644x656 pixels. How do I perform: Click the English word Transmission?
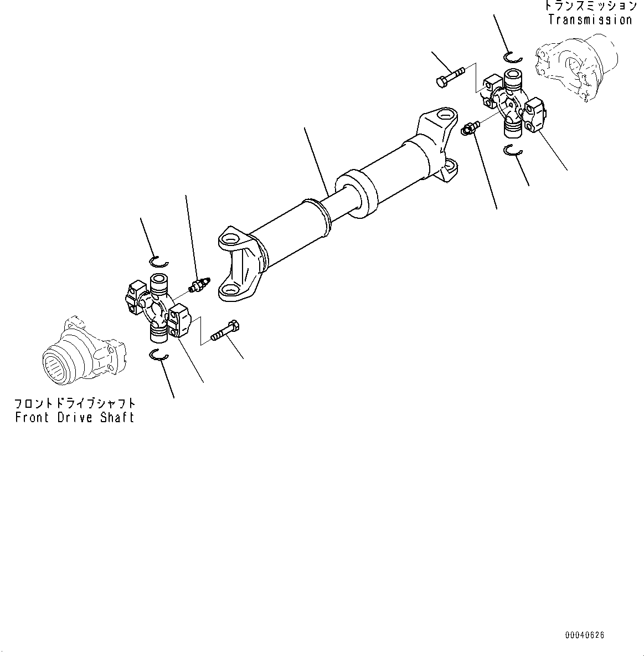590,20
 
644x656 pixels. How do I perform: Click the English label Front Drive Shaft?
75,417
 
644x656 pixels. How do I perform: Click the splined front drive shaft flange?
83,355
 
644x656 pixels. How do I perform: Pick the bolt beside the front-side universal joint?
225,331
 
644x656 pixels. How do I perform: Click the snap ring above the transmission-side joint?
513,56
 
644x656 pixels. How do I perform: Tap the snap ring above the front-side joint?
159,260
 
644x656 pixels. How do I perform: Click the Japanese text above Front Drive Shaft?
75,403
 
